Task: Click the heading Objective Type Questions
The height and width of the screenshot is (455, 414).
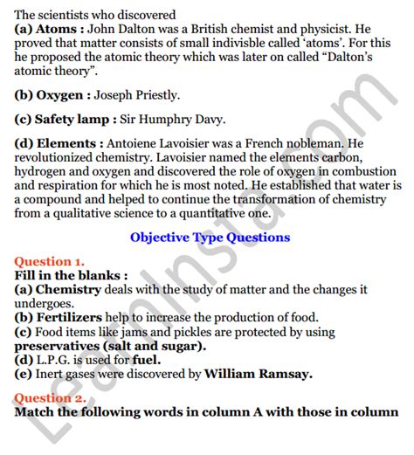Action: (x=210, y=237)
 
